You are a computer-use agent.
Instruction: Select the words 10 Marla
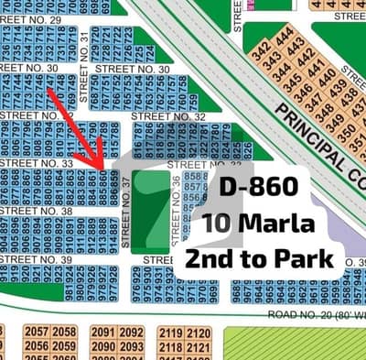pyautogui.click(x=258, y=223)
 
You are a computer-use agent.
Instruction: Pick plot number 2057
pyautogui.click(x=38, y=332)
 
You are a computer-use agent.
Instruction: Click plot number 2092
pyautogui.click(x=131, y=333)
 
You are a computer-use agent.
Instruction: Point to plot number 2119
pyautogui.click(x=171, y=333)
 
